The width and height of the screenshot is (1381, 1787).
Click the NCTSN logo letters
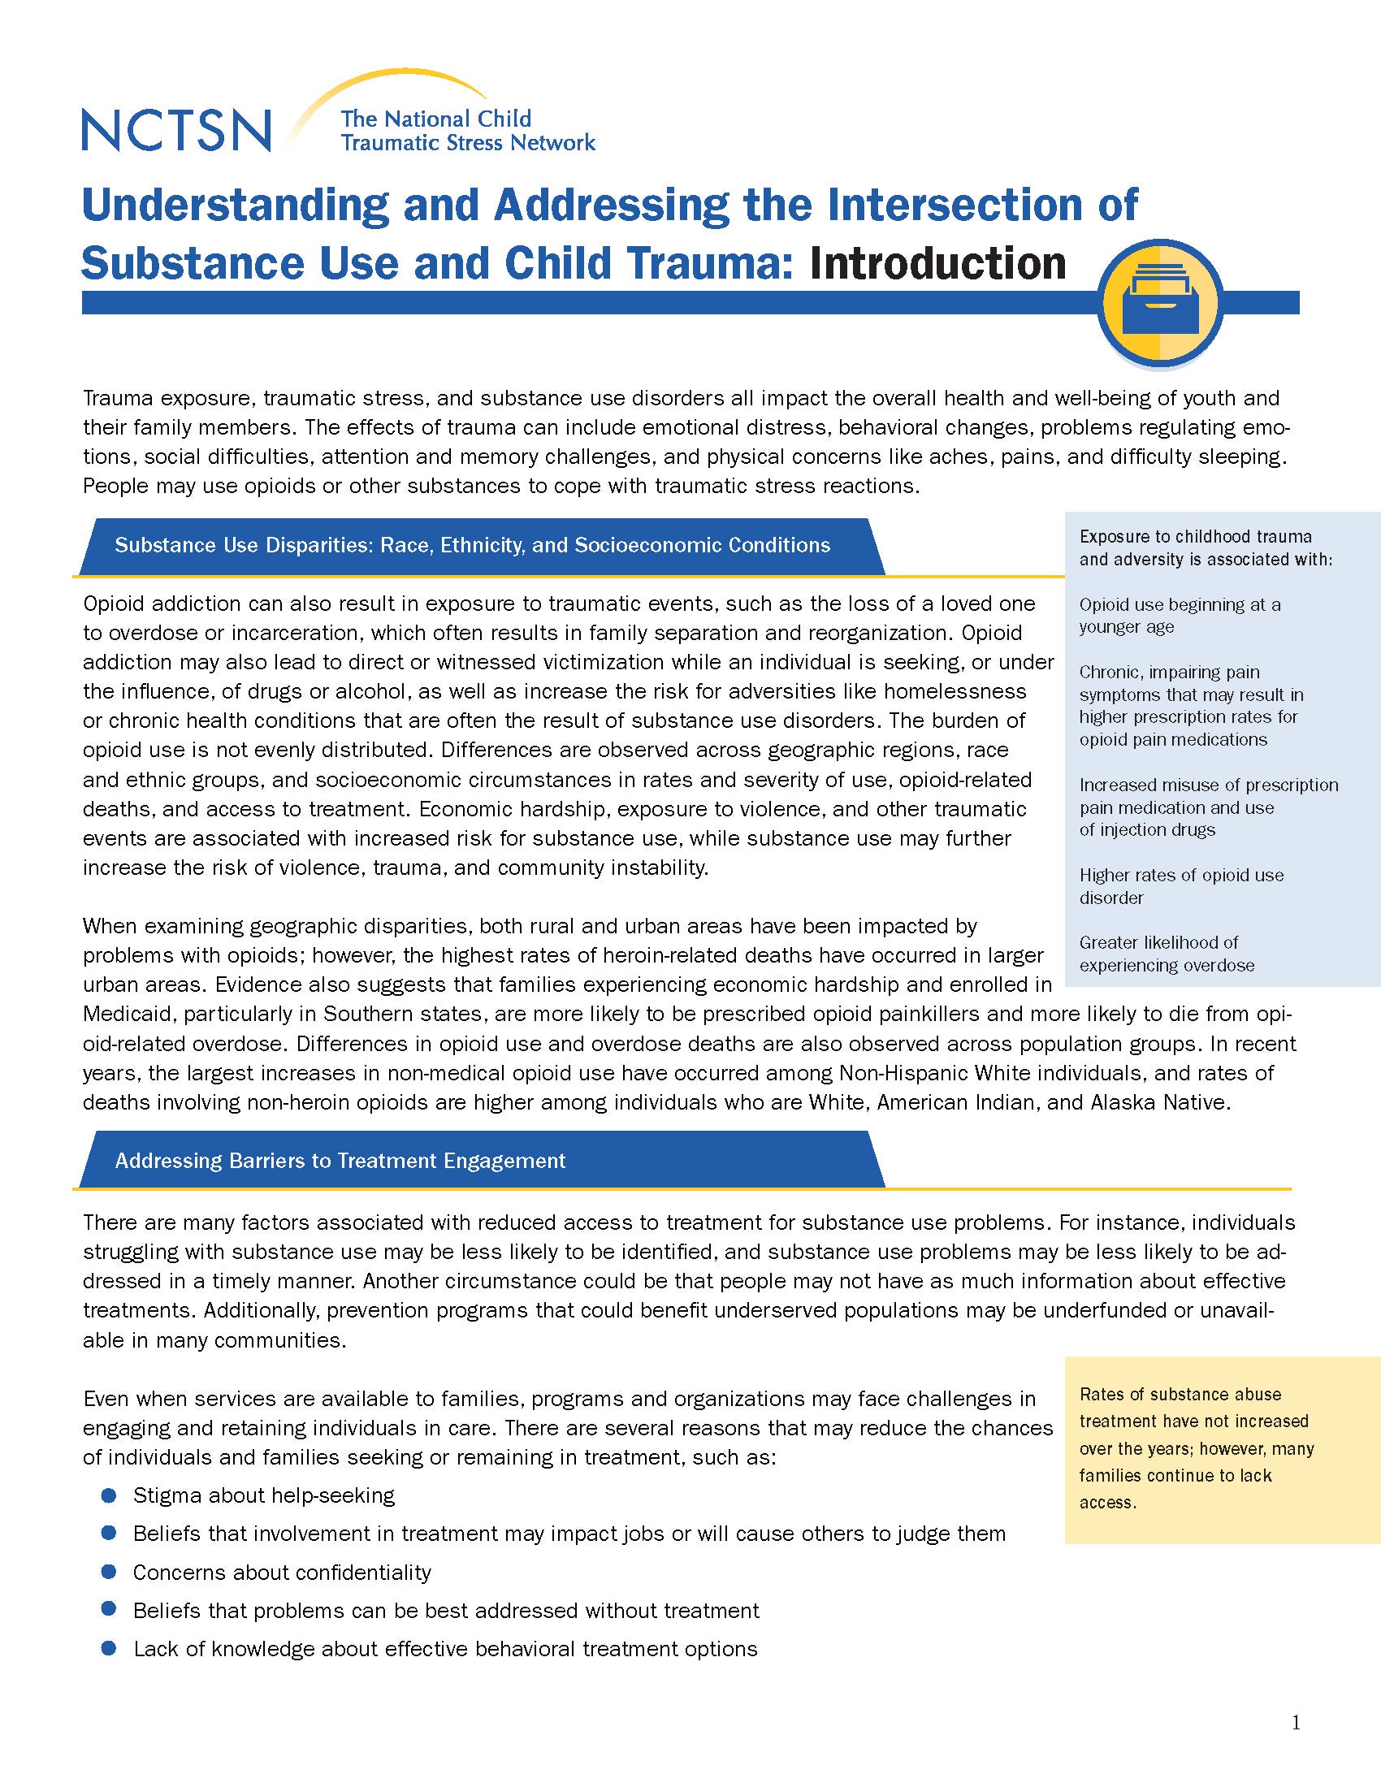pos(176,129)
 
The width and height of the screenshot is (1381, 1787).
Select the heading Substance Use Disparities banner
pos(472,546)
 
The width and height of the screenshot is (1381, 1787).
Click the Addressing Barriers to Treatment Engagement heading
pos(340,1160)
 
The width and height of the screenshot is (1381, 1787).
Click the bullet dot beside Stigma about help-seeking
pos(109,1495)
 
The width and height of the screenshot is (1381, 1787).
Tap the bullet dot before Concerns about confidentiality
pos(109,1573)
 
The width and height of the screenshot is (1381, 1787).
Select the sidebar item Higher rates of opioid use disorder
pos(1180,886)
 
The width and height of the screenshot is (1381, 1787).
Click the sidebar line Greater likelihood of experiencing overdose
pos(1166,954)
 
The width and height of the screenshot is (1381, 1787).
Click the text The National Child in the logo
pos(435,119)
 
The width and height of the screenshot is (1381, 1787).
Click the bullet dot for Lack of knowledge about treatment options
pos(109,1649)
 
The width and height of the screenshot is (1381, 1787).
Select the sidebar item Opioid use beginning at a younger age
pos(1179,616)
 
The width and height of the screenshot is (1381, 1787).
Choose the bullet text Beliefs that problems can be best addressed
pos(446,1610)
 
